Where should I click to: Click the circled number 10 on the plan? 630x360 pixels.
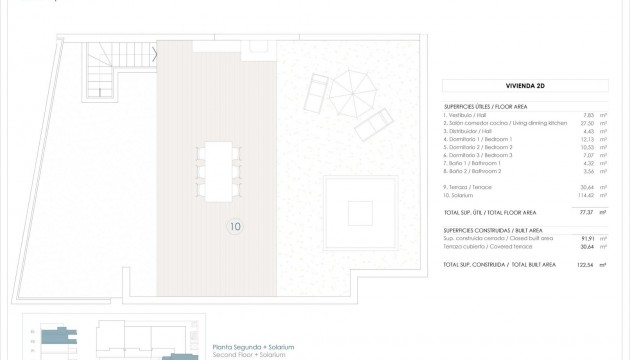coord(235,226)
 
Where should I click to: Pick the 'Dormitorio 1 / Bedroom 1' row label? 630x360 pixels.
coord(478,139)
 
